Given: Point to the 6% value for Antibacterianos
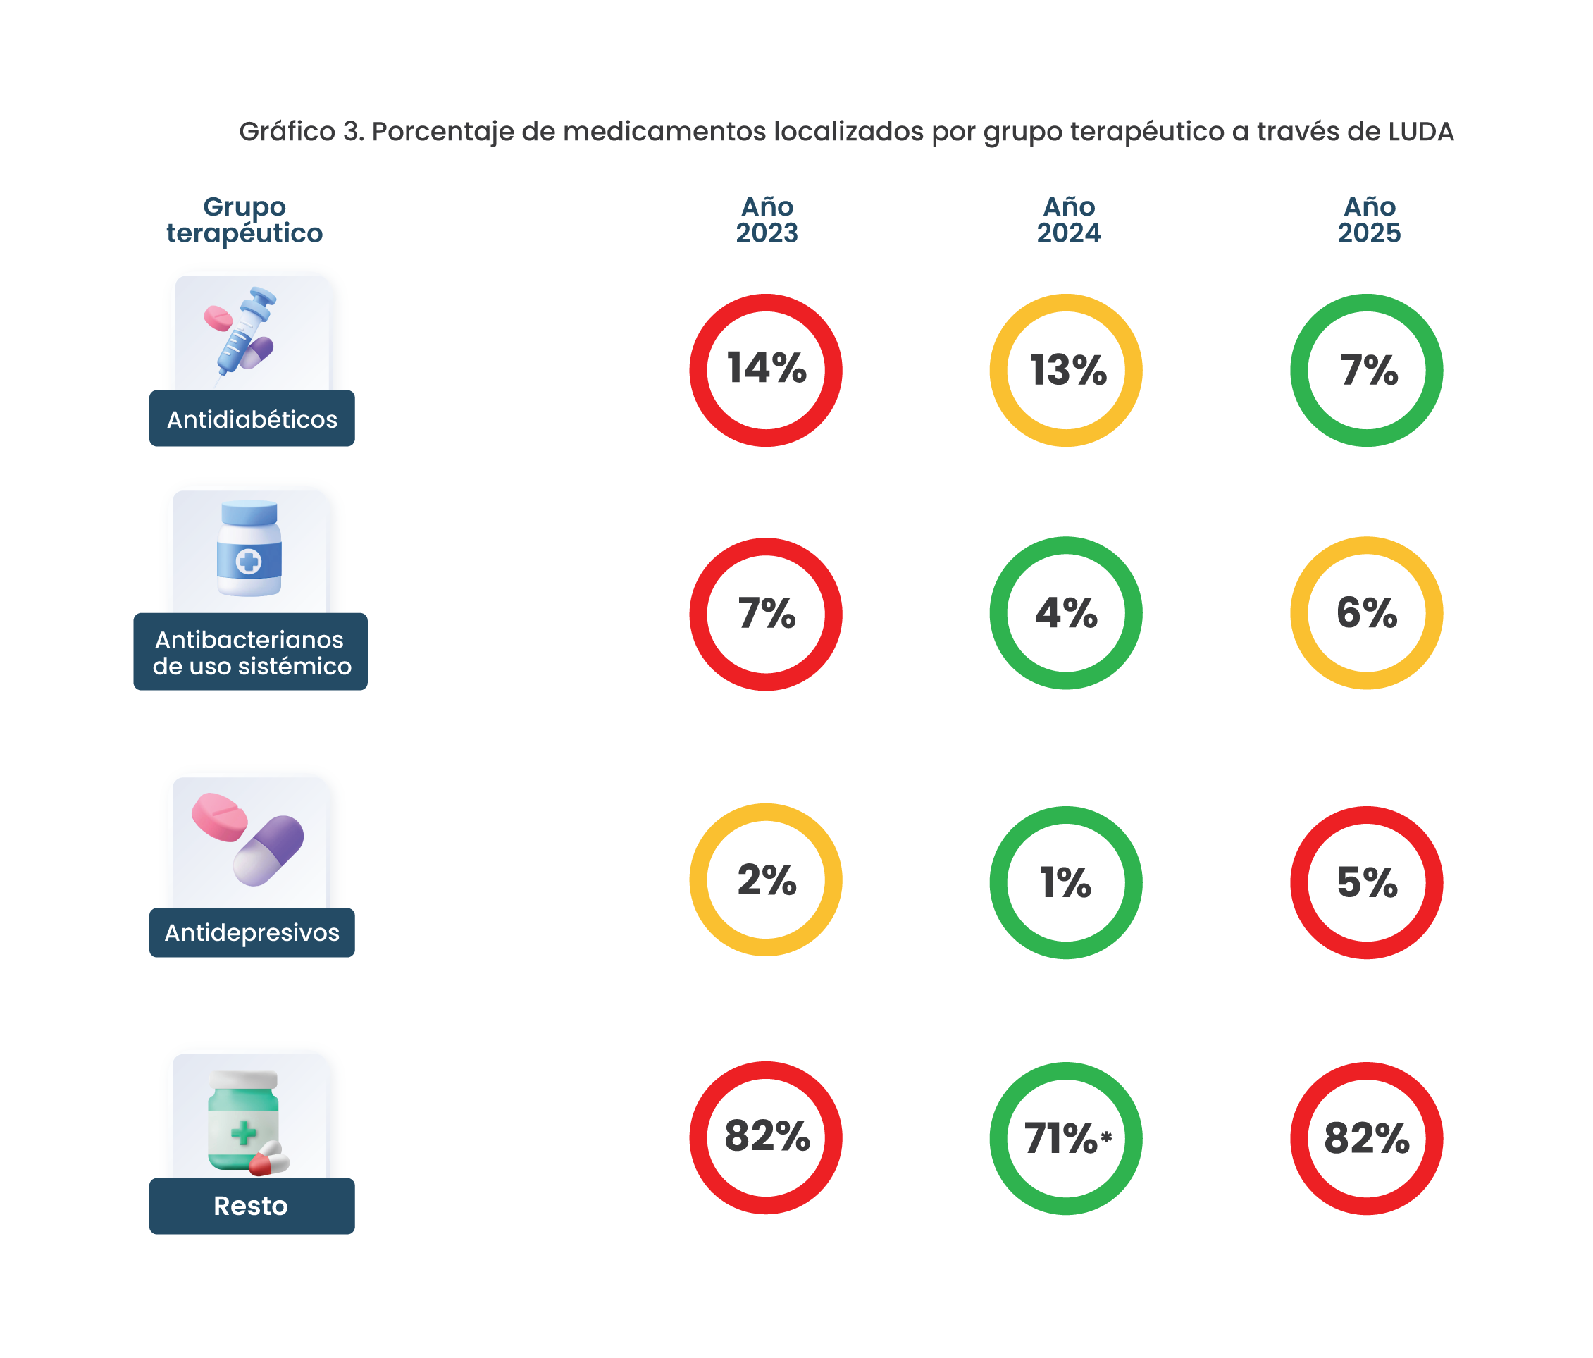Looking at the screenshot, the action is point(1366,613).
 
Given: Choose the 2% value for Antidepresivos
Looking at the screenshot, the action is point(767,879).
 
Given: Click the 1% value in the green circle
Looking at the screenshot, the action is point(1065,882).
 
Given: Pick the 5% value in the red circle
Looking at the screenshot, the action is point(1366,882).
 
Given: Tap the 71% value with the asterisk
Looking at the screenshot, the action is point(1068,1138).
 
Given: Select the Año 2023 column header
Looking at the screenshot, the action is point(767,219).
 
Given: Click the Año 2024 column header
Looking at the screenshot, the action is point(1068,219).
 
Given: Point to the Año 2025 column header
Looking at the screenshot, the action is point(1368,219).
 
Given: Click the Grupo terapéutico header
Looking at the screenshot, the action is point(244,220).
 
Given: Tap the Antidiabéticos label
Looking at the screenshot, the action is point(252,419).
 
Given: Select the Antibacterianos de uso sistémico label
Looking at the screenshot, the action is point(251,652).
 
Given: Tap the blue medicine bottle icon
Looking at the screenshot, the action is point(249,548).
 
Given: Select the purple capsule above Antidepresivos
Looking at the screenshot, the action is point(268,851).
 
